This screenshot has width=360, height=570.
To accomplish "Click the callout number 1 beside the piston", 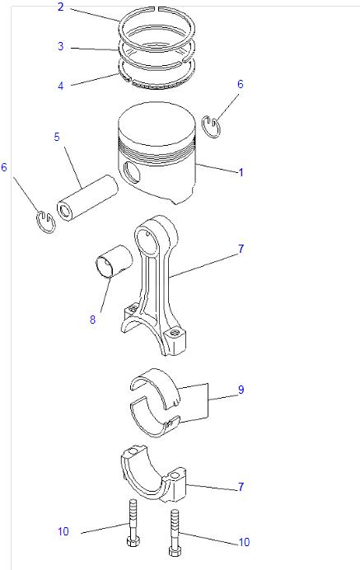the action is coord(241,172).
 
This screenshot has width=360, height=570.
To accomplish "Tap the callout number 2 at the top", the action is coord(61,7).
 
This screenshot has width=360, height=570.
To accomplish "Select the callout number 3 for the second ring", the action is coord(61,46).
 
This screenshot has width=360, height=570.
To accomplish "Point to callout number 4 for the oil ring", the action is coord(61,86).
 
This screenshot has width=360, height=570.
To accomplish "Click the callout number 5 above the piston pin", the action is coord(57,137).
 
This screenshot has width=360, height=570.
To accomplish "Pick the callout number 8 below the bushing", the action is coord(93,319).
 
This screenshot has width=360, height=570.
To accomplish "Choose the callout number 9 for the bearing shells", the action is coord(241,390).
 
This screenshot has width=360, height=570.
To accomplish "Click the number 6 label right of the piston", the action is coord(241,84).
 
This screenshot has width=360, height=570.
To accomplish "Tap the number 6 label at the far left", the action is coord(4,167).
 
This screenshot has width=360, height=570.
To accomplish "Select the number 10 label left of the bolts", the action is coord(63,531).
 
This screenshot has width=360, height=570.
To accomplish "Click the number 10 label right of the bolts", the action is coord(244,542).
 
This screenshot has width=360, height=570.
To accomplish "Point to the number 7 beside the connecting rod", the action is coord(241,249).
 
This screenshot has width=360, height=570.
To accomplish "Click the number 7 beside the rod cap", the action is coord(241,486).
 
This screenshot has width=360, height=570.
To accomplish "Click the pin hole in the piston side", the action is coord(131,171).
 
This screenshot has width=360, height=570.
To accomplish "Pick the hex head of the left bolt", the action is coord(132,540).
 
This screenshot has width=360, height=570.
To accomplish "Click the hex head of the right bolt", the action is coord(174,550).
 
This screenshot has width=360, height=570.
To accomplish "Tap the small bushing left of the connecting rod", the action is coord(113,262).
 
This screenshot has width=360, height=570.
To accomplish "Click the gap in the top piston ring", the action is coord(157,7).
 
